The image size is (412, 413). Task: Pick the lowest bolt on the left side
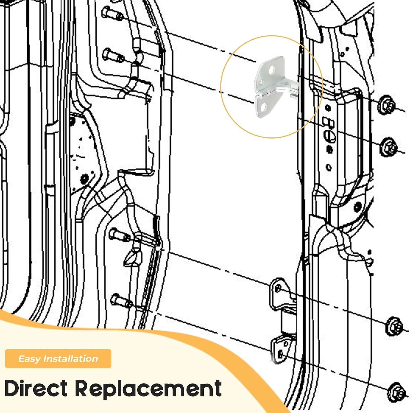click(121, 300)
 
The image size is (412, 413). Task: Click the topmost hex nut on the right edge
click(386, 105)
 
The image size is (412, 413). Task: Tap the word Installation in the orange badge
click(71, 358)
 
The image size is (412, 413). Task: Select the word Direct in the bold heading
click(36, 388)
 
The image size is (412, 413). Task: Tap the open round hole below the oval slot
click(329, 167)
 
